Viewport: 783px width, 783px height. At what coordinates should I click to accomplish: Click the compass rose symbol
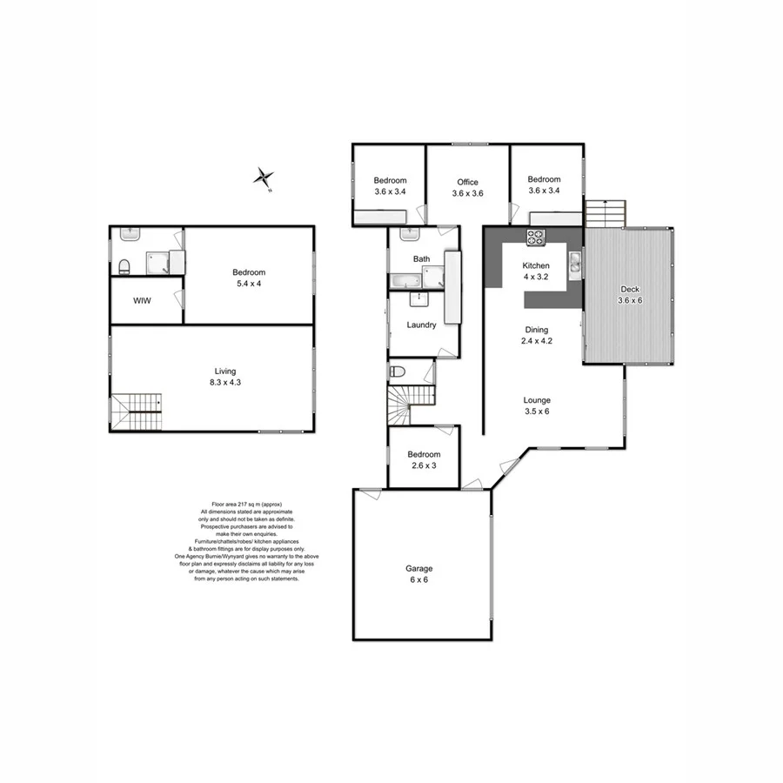point(263,177)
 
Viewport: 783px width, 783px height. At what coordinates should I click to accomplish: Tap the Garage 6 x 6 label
point(418,574)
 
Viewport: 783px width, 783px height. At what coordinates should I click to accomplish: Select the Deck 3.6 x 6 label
point(629,295)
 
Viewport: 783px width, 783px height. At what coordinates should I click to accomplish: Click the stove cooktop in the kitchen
point(534,235)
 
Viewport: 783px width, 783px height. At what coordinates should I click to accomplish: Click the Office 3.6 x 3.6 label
point(467,188)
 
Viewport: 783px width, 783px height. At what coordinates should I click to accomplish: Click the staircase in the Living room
point(137,412)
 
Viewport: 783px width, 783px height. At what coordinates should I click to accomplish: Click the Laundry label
point(421,325)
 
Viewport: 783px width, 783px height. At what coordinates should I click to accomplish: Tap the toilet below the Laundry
point(398,371)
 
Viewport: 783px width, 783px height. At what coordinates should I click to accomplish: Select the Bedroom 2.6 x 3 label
point(424,459)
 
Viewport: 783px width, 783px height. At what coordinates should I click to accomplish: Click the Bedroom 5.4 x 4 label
point(249,278)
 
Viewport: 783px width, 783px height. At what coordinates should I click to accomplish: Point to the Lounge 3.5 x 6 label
point(537,406)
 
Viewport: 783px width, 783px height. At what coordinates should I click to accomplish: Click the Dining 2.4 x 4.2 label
point(537,335)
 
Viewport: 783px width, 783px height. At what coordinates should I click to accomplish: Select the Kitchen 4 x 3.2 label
point(536,271)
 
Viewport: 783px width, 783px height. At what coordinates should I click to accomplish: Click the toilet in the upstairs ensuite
point(124,266)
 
